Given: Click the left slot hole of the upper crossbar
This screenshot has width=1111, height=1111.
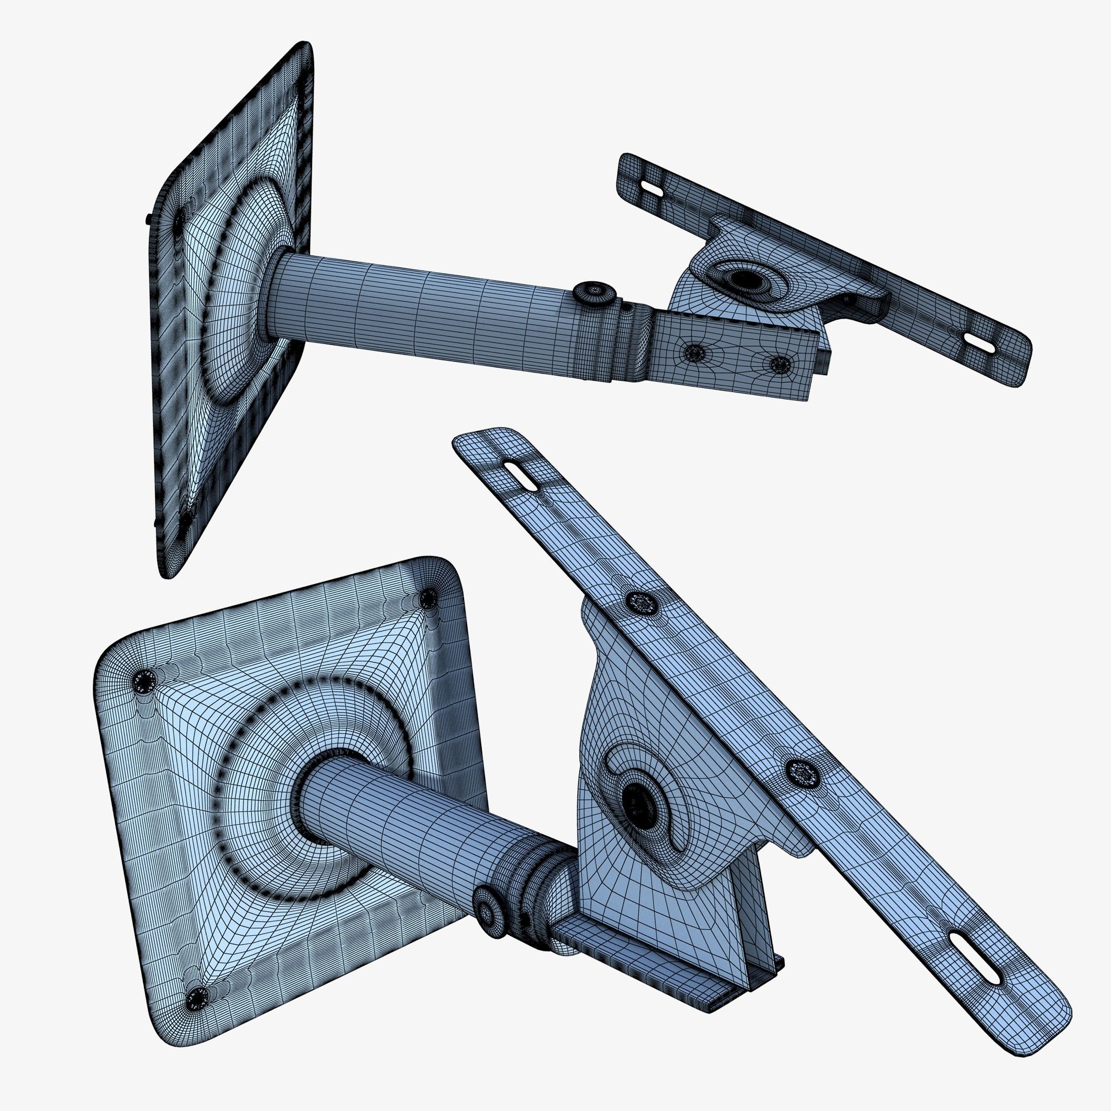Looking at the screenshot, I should (x=651, y=187).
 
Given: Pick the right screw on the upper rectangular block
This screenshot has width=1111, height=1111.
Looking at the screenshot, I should (x=779, y=363).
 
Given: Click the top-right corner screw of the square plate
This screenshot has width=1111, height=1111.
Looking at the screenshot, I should (x=427, y=600).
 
